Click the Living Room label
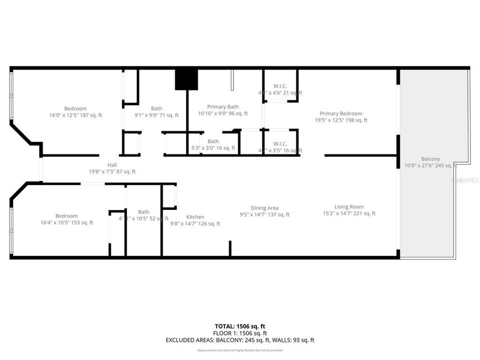click(349, 206)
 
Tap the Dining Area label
click(264, 208)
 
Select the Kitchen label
click(195, 216)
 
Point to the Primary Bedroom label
click(341, 113)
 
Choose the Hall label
click(112, 165)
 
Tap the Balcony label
click(430, 158)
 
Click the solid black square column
click(186, 79)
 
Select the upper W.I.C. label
click(279, 86)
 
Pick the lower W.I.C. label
click(279, 143)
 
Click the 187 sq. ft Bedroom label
click(75, 108)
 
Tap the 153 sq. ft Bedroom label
click(66, 216)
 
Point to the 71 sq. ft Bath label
click(156, 108)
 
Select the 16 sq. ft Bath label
click(213, 141)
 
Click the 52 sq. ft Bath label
click(143, 211)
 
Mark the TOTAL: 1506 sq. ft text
click(240, 326)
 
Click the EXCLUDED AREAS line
click(240, 340)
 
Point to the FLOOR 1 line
click(240, 333)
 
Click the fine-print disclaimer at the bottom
click(240, 350)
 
